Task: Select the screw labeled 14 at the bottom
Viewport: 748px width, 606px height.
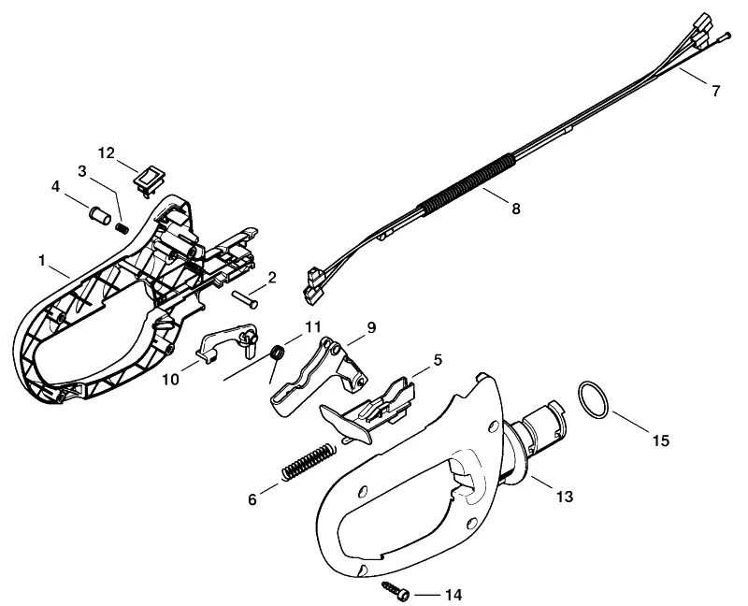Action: tap(396, 591)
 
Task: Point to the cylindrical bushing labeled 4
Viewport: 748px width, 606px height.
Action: tap(100, 215)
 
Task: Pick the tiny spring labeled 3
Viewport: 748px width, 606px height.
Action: tap(122, 228)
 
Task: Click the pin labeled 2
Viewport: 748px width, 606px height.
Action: tap(245, 298)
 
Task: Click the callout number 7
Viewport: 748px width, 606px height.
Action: tap(715, 91)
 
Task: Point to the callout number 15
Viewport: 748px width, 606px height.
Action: tap(661, 440)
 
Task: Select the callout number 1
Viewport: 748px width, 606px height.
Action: tap(42, 261)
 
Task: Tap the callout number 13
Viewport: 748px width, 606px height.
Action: tap(565, 497)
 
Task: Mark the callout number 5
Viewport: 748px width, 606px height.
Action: tap(438, 360)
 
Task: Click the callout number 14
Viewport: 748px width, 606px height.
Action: tap(453, 595)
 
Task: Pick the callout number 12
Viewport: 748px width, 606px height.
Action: tap(107, 153)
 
